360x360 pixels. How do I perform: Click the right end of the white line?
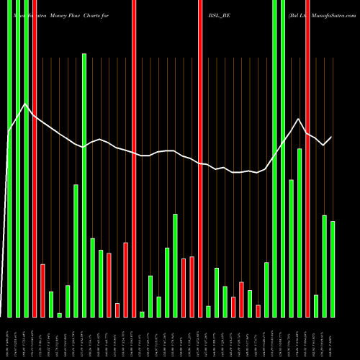tap(332, 137)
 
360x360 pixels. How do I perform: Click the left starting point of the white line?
tap(9, 132)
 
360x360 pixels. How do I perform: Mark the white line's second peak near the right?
tap(299, 119)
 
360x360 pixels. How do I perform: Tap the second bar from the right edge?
tap(324, 266)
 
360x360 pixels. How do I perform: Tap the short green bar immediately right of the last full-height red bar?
tap(316, 305)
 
